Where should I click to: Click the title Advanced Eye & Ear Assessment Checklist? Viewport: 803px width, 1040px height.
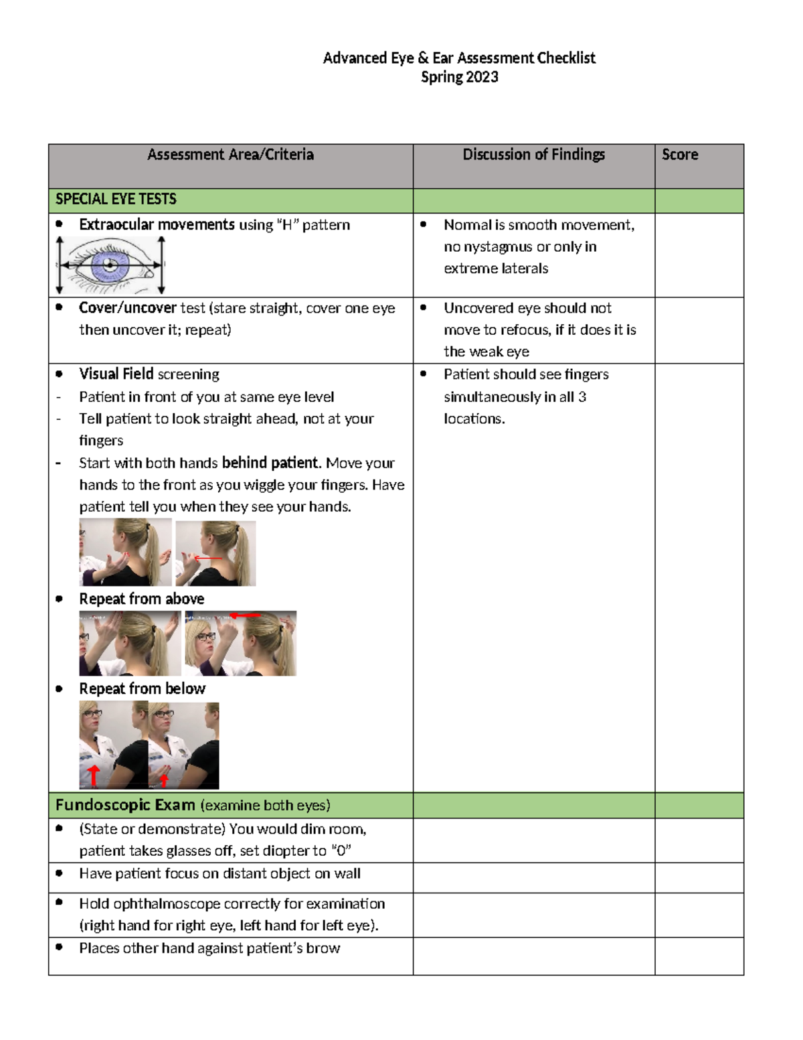[x=459, y=58]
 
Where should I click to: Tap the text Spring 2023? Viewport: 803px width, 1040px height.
[x=459, y=77]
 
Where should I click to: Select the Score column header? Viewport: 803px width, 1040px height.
[x=680, y=155]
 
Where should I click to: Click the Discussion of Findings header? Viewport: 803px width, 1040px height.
[x=533, y=155]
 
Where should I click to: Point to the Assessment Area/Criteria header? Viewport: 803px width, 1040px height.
[x=230, y=155]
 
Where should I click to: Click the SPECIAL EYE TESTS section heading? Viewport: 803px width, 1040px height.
[x=116, y=200]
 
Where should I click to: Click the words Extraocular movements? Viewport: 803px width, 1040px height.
[x=157, y=225]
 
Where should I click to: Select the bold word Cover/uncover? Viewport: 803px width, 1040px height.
[x=127, y=308]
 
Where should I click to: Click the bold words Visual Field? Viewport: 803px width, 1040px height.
[x=116, y=374]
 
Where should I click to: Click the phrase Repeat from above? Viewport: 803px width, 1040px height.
[x=141, y=599]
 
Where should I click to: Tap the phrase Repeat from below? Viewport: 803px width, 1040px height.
[x=142, y=689]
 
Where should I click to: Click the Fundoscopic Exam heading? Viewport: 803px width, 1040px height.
[x=125, y=806]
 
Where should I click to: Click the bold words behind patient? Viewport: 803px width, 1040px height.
[x=270, y=463]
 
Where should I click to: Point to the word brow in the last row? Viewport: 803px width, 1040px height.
[x=323, y=948]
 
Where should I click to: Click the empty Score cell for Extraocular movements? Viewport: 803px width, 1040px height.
[x=699, y=255]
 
